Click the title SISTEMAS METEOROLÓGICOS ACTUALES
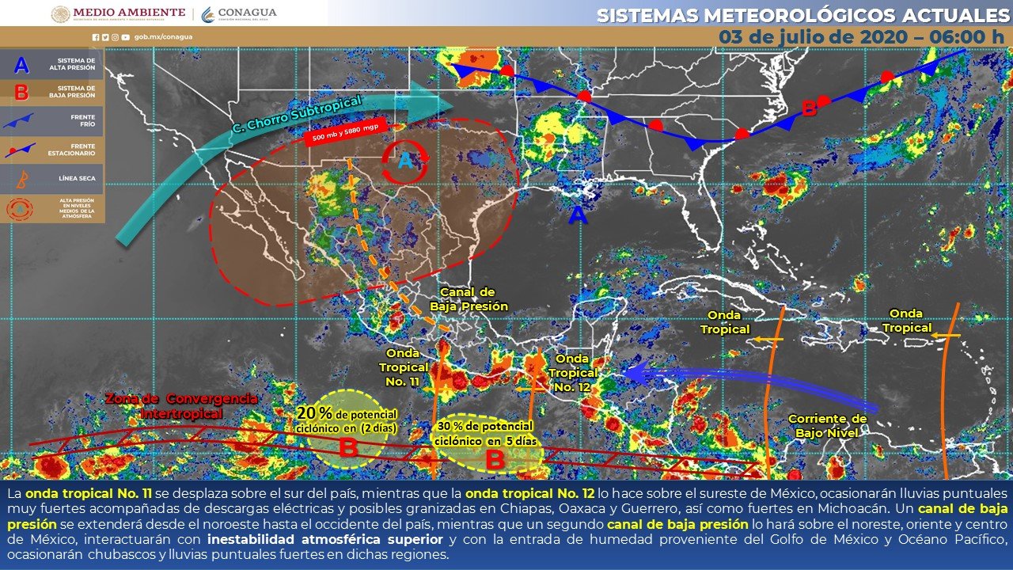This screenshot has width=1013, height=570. [x=804, y=15]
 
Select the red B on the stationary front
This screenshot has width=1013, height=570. [x=809, y=108]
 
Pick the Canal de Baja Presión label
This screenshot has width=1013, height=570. [x=469, y=299]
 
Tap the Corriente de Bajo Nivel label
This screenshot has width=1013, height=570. [x=827, y=426]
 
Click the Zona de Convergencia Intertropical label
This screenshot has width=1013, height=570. [x=181, y=405]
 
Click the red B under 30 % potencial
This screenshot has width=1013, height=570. [x=495, y=458]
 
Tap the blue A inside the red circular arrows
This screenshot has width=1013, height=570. [x=405, y=161]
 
